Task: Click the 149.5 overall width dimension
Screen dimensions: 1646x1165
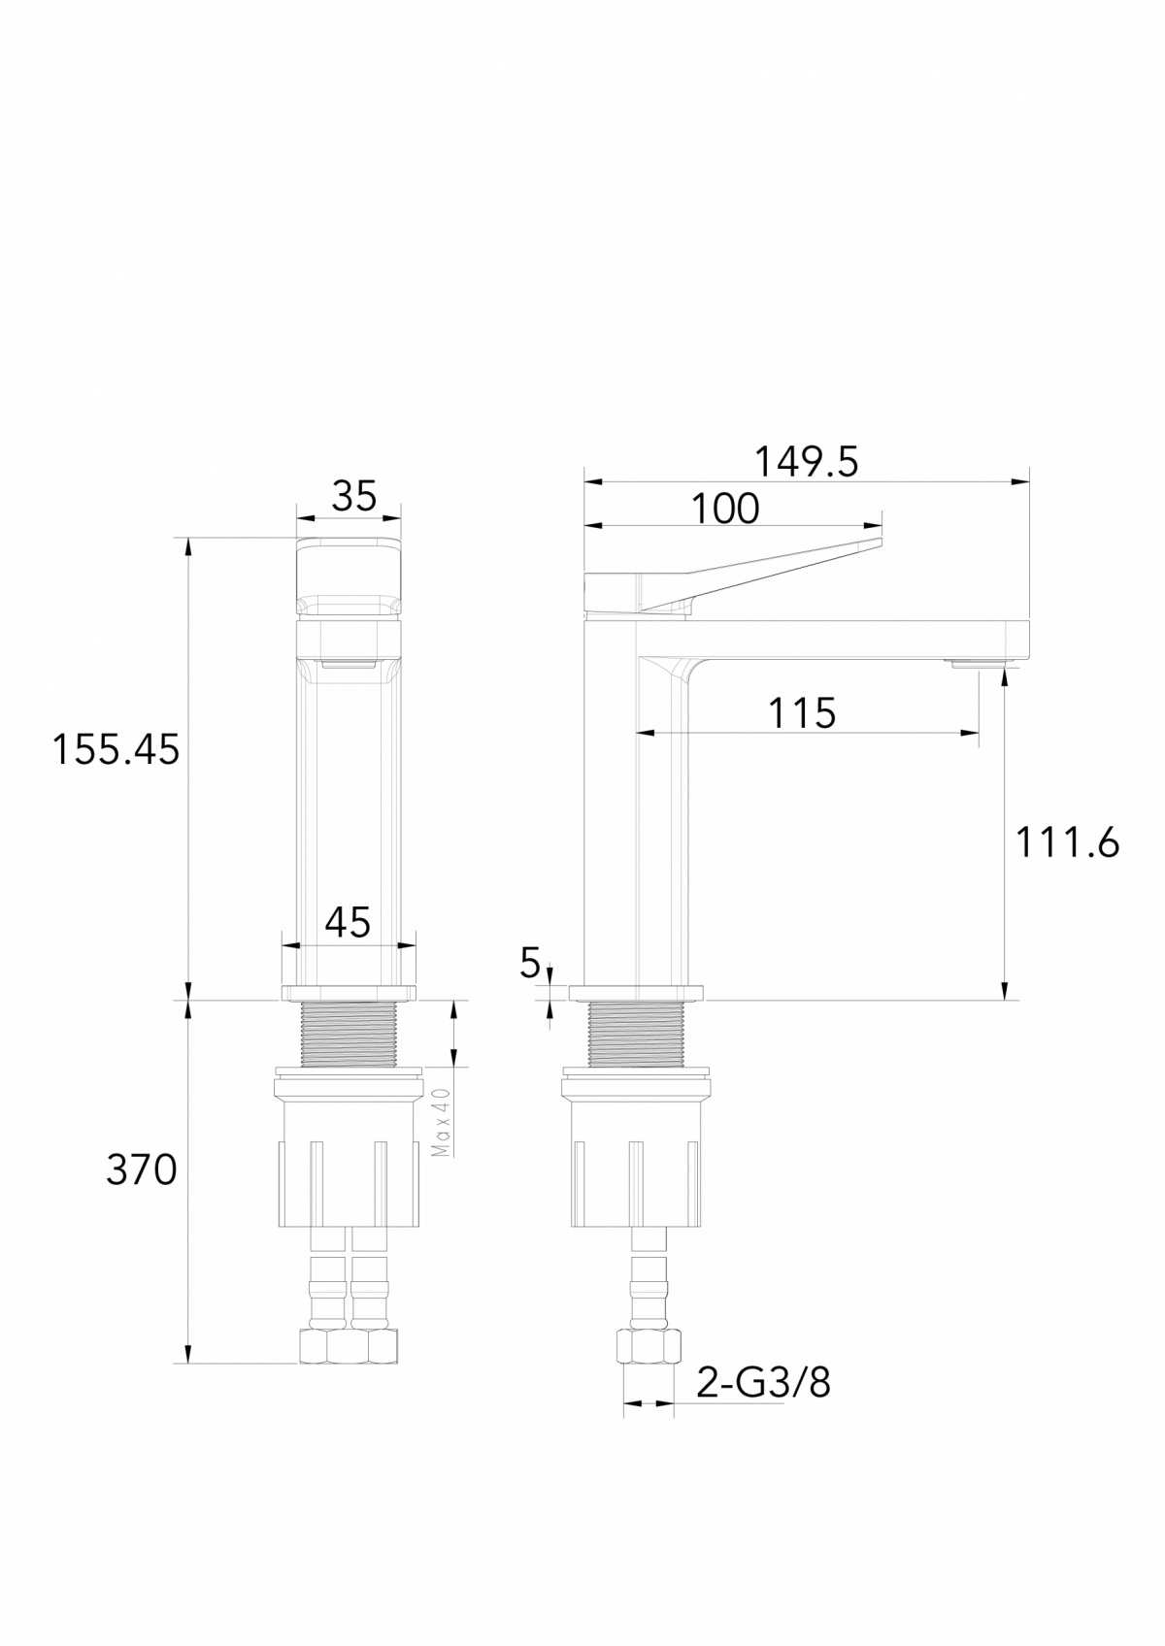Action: (x=806, y=462)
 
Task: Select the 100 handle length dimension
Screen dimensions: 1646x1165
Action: (x=725, y=509)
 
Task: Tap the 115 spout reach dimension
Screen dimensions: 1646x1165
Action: (x=802, y=713)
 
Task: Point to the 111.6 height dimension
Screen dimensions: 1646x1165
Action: (x=1067, y=842)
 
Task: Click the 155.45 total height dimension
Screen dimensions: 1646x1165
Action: (x=116, y=749)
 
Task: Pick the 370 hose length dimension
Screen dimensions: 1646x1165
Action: (x=141, y=1170)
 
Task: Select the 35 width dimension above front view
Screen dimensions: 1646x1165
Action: (x=353, y=496)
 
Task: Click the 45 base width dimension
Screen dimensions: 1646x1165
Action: (x=348, y=922)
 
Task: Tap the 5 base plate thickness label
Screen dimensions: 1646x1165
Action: (x=529, y=964)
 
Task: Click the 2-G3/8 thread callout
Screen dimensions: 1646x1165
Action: (x=763, y=1382)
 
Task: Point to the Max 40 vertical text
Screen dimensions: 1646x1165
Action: (x=442, y=1121)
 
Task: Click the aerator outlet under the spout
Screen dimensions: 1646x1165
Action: (x=981, y=664)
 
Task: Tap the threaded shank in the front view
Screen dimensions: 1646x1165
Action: (x=349, y=1034)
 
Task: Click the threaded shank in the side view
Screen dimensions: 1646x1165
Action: (x=636, y=1034)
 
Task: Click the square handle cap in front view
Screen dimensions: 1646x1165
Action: (x=349, y=576)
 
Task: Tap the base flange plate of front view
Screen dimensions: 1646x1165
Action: (x=349, y=992)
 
